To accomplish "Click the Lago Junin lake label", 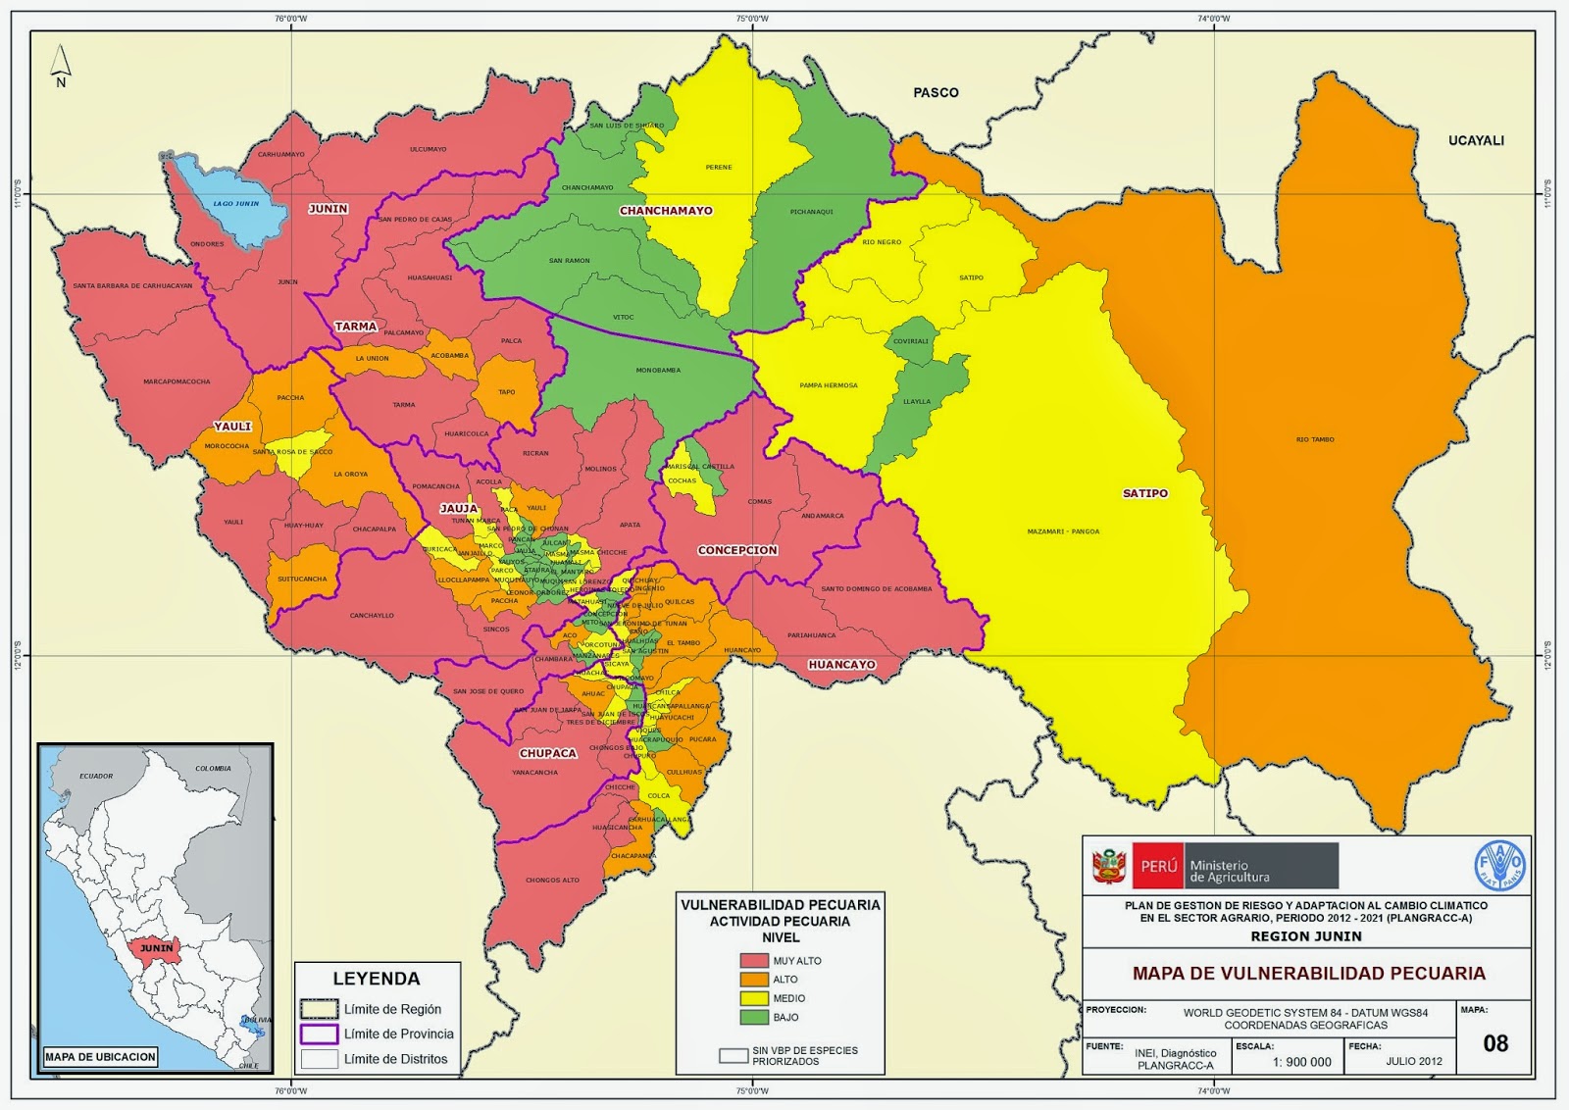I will pyautogui.click(x=236, y=203).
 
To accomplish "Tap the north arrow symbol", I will pyautogui.click(x=61, y=64).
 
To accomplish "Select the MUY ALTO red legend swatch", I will pyautogui.click(x=754, y=961).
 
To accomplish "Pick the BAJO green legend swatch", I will pyautogui.click(x=754, y=1017).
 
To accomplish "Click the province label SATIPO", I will pyautogui.click(x=1144, y=493).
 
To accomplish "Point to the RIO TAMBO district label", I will pyautogui.click(x=1314, y=439).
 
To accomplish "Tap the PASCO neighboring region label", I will pyautogui.click(x=936, y=92).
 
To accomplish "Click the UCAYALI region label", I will pyautogui.click(x=1475, y=140).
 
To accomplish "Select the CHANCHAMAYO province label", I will pyautogui.click(x=666, y=211).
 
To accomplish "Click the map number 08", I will pyautogui.click(x=1494, y=1043).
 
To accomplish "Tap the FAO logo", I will pyautogui.click(x=1500, y=865).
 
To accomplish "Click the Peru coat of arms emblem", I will pyautogui.click(x=1108, y=866).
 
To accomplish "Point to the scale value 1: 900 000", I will pyautogui.click(x=1301, y=1062).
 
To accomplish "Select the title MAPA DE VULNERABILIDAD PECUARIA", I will pyautogui.click(x=1308, y=974).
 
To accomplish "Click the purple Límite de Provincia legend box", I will pyautogui.click(x=319, y=1034).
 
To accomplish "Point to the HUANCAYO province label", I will pyautogui.click(x=841, y=665).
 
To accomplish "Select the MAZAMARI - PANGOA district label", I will pyautogui.click(x=1063, y=531).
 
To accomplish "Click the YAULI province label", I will pyautogui.click(x=232, y=427).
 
